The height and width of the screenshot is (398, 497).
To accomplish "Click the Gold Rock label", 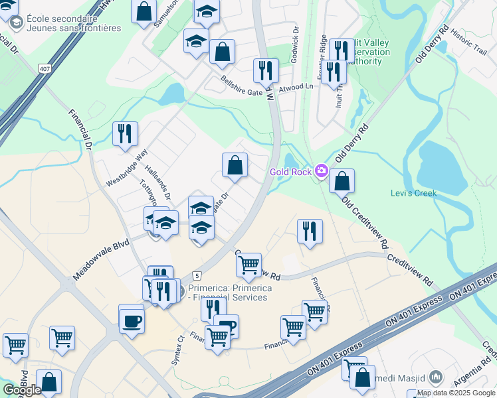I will pos(292,172).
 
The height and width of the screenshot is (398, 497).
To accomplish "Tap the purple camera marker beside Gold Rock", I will pos(322,172).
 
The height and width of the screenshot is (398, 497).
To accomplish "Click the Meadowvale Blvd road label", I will pos(101,260).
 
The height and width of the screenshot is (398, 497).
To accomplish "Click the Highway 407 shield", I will pos(45,68).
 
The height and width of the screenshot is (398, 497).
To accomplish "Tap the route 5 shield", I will pos(197,275).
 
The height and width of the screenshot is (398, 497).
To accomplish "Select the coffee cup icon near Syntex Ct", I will pos(131,321).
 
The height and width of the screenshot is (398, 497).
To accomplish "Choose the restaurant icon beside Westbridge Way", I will pos(125,134).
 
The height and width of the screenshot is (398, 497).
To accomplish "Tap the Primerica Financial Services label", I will pos(227,293).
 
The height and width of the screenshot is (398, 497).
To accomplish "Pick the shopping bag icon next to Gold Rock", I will pos(342,181).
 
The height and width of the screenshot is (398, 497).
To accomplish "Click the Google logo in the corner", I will pos(21,390).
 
